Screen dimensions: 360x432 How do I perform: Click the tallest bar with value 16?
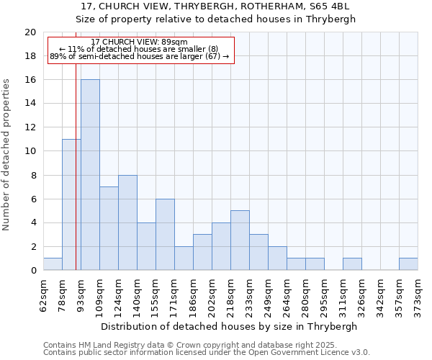click(90, 175)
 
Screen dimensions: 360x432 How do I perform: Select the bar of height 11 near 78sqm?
click(71, 204)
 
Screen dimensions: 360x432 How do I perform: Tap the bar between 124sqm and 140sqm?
click(127, 222)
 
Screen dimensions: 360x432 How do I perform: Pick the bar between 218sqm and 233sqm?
click(240, 240)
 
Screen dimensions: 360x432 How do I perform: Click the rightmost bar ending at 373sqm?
click(408, 264)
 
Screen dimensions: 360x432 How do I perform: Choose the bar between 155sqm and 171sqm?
click(165, 235)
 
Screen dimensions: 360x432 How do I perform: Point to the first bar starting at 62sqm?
click(53, 264)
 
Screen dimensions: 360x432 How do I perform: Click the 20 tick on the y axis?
click(30, 32)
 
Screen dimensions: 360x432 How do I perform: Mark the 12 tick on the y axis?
click(30, 127)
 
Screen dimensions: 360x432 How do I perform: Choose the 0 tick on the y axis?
click(33, 271)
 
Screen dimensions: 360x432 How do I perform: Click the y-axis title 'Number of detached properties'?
click(7, 151)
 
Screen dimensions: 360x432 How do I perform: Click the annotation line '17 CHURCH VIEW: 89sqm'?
click(140, 42)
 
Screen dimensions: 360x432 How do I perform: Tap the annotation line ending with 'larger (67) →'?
click(140, 56)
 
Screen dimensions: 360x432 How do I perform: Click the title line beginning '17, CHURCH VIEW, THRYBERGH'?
click(216, 6)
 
